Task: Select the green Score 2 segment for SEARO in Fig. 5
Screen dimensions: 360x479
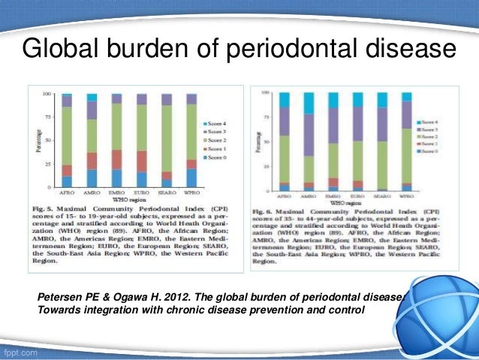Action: coord(167,138)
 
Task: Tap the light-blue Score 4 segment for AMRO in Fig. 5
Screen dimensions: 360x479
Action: coord(92,98)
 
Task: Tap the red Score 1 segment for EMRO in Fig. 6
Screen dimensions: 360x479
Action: coord(333,183)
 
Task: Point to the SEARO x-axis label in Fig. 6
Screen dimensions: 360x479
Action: coord(382,195)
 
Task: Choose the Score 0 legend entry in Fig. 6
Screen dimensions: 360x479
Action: coord(431,151)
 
